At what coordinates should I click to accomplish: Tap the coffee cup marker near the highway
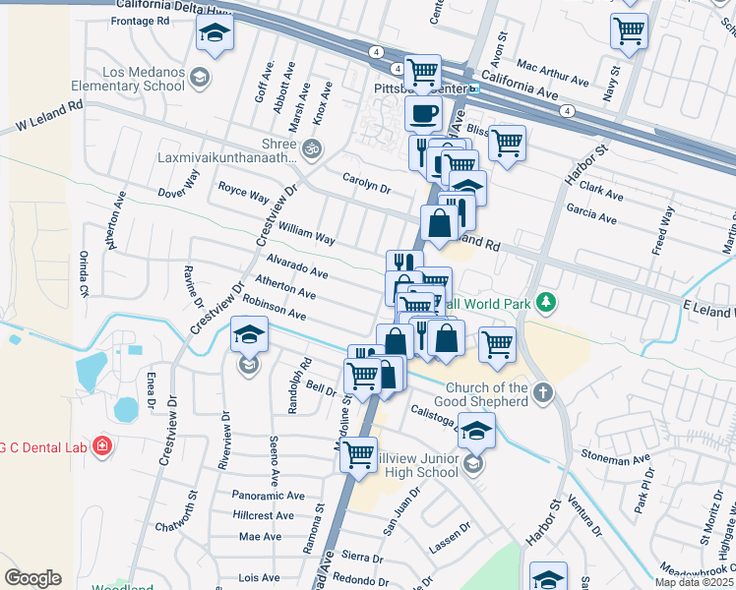pyautogui.click(x=424, y=114)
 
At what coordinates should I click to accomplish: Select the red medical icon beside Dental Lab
pyautogui.click(x=100, y=447)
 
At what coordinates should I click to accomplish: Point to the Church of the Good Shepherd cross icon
pyautogui.click(x=543, y=394)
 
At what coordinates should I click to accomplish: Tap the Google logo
pyautogui.click(x=32, y=578)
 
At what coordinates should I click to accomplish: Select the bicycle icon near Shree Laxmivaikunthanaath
pyautogui.click(x=312, y=149)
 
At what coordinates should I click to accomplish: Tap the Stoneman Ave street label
pyautogui.click(x=615, y=459)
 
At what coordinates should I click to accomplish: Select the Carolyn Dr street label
pyautogui.click(x=366, y=182)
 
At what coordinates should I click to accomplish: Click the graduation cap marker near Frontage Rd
pyautogui.click(x=215, y=36)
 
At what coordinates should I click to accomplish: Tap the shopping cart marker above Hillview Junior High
pyautogui.click(x=359, y=453)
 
